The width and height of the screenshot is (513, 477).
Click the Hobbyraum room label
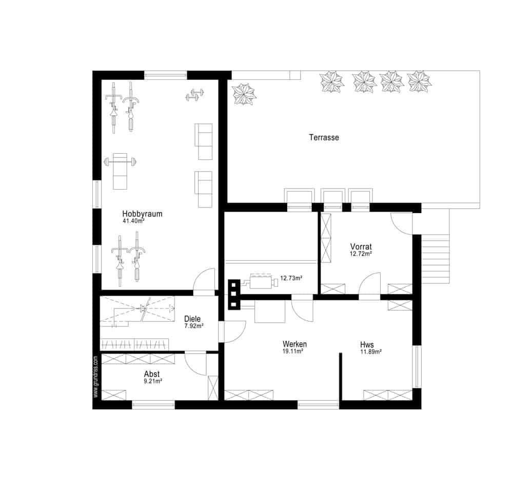[x=142, y=214]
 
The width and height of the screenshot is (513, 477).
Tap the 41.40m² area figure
[x=133, y=221]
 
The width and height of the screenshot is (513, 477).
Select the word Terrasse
[x=324, y=137]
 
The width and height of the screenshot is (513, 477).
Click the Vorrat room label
[x=361, y=246]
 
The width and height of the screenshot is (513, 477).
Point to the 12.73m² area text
[x=291, y=278]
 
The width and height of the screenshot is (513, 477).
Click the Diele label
[x=192, y=319]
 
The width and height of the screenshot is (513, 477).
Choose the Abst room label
[x=152, y=374]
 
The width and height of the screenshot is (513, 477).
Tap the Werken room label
[x=295, y=344]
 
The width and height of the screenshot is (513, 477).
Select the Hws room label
[x=367, y=345]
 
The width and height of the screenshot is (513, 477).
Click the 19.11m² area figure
[x=293, y=351]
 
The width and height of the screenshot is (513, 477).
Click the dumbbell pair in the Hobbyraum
[x=195, y=94]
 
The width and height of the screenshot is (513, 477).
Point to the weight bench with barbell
[x=120, y=171]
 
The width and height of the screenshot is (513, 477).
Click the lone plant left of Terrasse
[x=244, y=94]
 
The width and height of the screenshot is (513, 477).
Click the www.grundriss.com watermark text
[x=95, y=377]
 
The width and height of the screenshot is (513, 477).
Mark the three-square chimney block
[x=234, y=295]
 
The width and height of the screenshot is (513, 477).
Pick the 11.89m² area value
[x=371, y=352]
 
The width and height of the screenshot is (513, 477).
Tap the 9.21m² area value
[x=153, y=381]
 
